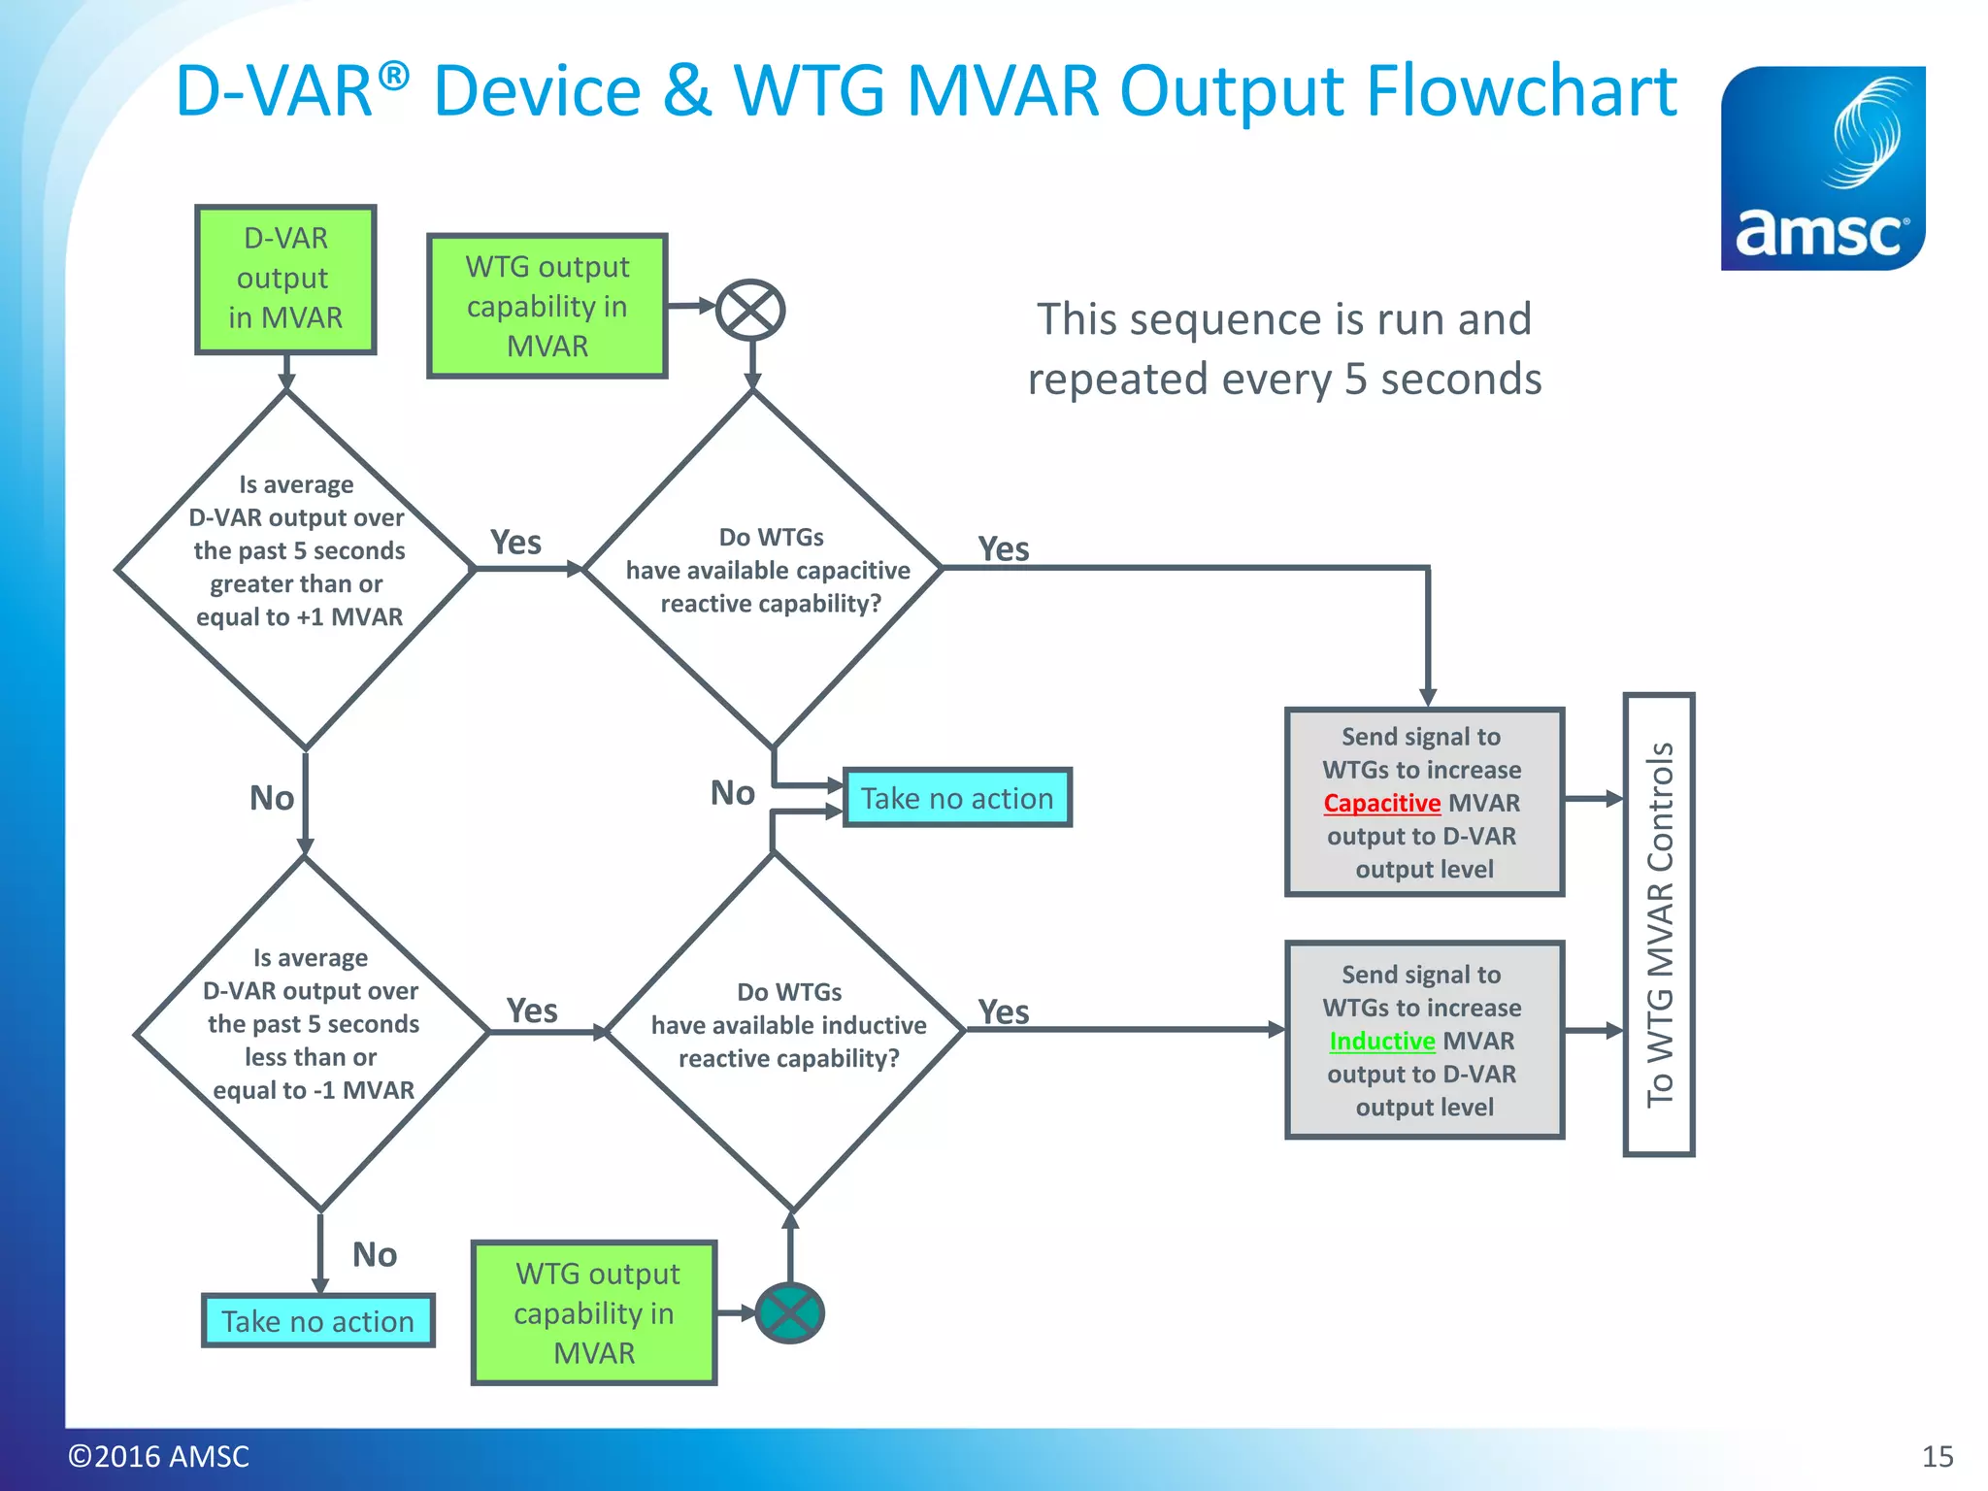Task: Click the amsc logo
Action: (x=1822, y=168)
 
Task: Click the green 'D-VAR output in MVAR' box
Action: (x=285, y=279)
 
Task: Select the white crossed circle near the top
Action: (x=750, y=311)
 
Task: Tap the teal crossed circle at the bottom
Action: (x=789, y=1312)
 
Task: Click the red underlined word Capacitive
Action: (x=1381, y=804)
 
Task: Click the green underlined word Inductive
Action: (x=1381, y=1042)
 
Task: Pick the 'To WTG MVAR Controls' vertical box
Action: (x=1659, y=924)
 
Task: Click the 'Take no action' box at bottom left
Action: (x=318, y=1321)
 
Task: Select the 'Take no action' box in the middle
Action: (x=957, y=798)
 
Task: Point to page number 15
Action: (x=1937, y=1456)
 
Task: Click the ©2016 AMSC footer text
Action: (x=158, y=1456)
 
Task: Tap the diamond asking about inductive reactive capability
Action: (x=786, y=1029)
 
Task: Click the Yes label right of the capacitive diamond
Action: (x=1003, y=549)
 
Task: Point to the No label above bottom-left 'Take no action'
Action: (x=374, y=1254)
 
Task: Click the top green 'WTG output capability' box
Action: (x=547, y=306)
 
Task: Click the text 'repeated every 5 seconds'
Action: (x=1284, y=380)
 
